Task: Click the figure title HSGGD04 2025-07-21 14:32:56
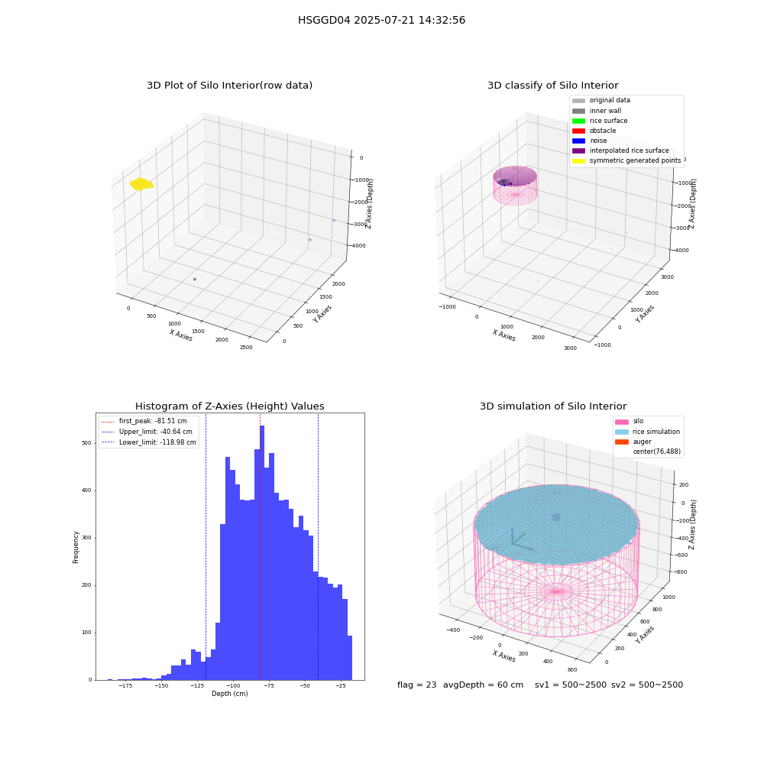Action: tap(381, 20)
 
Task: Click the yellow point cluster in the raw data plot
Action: tap(141, 184)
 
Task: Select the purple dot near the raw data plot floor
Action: tap(195, 279)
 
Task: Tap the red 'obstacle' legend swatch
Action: tap(578, 131)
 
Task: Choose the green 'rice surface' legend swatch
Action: tap(578, 121)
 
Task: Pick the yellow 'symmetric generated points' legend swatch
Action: tap(578, 160)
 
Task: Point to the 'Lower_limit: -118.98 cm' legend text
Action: tap(158, 442)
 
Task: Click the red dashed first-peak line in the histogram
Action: tap(261, 546)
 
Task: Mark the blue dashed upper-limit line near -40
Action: tap(318, 546)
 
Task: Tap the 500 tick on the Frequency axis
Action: tap(87, 443)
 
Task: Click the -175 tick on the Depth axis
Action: tap(126, 685)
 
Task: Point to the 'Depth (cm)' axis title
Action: tap(230, 694)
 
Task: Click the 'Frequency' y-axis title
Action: tap(76, 547)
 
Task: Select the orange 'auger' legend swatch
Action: tap(622, 442)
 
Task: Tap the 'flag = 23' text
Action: tap(417, 685)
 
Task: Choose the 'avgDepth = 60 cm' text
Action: tap(484, 685)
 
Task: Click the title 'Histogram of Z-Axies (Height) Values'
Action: tap(230, 406)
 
